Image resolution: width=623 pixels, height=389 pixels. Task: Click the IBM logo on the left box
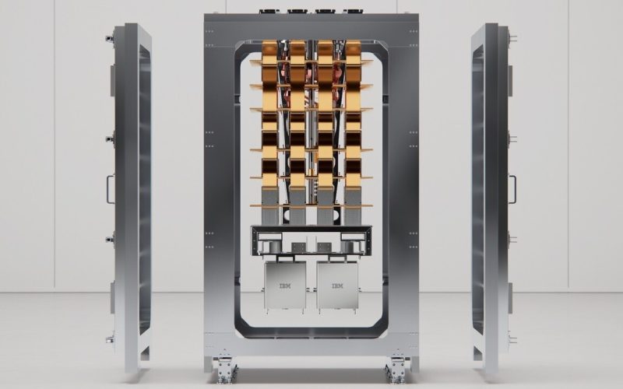point(285,286)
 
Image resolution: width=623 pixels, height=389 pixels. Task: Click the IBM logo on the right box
point(338,286)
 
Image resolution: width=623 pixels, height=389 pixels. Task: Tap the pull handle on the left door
point(110,189)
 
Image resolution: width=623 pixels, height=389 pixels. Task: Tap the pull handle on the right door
point(512,189)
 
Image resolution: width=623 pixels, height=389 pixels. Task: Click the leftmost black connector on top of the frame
point(269,12)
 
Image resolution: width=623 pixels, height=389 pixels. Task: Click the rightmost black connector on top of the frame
point(353,12)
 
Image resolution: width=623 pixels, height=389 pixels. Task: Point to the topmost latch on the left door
point(110,38)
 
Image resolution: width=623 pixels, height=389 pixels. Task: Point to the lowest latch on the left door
point(110,339)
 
